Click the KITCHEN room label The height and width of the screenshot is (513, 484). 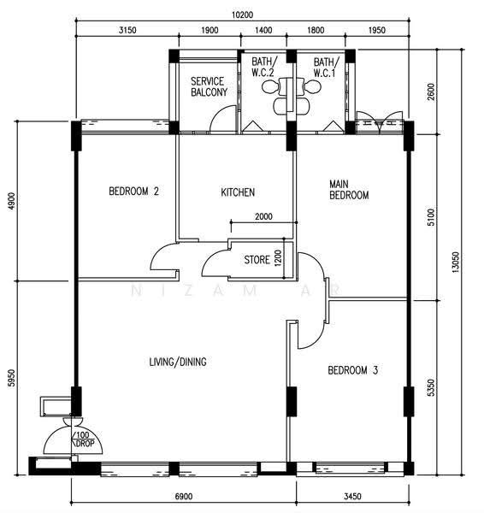pyautogui.click(x=238, y=192)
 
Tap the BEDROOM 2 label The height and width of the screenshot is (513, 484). pyautogui.click(x=134, y=191)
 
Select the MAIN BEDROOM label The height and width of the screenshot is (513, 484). pyautogui.click(x=349, y=190)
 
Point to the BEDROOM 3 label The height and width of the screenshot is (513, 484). pyautogui.click(x=353, y=370)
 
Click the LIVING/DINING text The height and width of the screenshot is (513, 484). pyautogui.click(x=178, y=362)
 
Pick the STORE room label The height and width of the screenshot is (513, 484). pyautogui.click(x=257, y=260)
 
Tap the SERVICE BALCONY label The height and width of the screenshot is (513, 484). pyautogui.click(x=210, y=86)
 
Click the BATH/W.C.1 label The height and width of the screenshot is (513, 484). pyautogui.click(x=327, y=68)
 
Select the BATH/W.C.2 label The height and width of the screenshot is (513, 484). pyautogui.click(x=264, y=67)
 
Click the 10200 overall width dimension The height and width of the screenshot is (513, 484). pyautogui.click(x=243, y=15)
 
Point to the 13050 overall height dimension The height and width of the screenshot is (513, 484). pyautogui.click(x=455, y=262)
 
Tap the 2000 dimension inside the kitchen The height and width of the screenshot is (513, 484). pyautogui.click(x=263, y=216)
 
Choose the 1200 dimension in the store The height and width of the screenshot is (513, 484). pyautogui.click(x=278, y=258)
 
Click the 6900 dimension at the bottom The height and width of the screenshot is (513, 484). pyautogui.click(x=184, y=496)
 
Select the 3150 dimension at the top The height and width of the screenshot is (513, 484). pyautogui.click(x=127, y=31)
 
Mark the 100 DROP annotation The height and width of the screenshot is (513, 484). pyautogui.click(x=83, y=439)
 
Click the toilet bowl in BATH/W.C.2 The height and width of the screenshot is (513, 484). pyautogui.click(x=269, y=86)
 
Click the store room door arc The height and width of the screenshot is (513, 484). pyautogui.click(x=212, y=259)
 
